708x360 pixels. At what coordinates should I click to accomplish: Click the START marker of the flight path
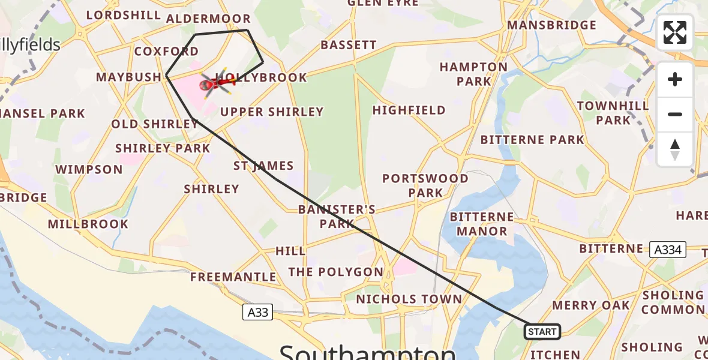coord(542,331)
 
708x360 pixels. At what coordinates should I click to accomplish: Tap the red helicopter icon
coord(216,84)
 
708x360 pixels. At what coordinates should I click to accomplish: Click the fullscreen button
coord(675,32)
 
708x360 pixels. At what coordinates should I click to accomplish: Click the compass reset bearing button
coord(675,149)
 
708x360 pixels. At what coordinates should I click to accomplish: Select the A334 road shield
coord(668,250)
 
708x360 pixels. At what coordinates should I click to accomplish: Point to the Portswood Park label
coord(425,185)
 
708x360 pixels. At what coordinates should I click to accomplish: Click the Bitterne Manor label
coord(482,224)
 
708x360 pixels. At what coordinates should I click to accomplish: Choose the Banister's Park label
coord(337,217)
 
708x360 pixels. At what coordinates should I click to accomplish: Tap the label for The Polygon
coord(335,272)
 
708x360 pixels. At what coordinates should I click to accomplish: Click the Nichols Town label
coord(409,299)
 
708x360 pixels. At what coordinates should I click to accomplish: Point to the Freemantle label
coord(233,277)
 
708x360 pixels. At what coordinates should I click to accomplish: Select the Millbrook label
coord(88,224)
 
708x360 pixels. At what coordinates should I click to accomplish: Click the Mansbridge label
coord(551,25)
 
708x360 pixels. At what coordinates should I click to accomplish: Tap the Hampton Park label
coord(473,74)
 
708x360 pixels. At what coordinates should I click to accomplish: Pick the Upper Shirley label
coord(272,112)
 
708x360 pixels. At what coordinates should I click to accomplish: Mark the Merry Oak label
coord(591,305)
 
